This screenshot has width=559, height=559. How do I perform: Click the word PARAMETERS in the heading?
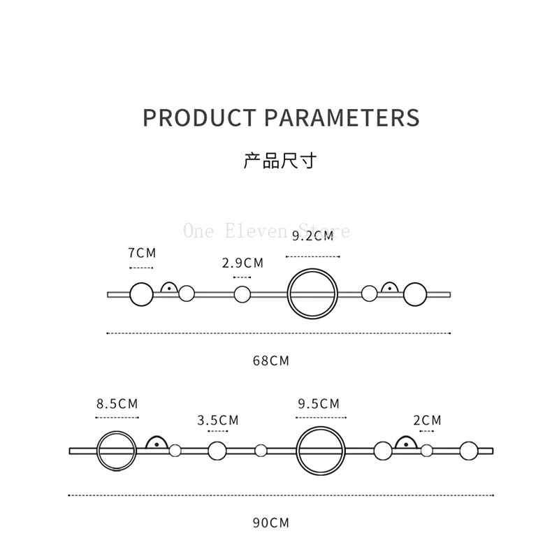point(342,117)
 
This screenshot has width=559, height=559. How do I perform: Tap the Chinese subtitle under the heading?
point(279,161)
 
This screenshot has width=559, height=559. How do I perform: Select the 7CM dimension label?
point(141,253)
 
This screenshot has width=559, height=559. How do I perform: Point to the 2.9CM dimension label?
point(242,263)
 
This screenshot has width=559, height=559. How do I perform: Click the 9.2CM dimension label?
point(312,236)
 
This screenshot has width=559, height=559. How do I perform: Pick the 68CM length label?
point(271,361)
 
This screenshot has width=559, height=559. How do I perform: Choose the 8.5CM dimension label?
point(117,403)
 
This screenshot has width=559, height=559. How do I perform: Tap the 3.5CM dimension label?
point(218,420)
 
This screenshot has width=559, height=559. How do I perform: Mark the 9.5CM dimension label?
point(319,403)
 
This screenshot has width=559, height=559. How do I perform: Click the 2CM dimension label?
point(427,420)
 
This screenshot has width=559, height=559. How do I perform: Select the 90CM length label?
point(271,523)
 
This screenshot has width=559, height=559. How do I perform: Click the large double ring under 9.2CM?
point(313,294)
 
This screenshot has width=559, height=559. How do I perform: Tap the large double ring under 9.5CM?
point(321,451)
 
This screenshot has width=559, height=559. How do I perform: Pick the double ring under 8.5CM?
point(116,451)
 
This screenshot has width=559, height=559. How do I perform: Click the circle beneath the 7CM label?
point(141,294)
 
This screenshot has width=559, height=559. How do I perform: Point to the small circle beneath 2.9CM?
point(242,294)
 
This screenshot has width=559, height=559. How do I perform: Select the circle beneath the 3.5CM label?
point(217,451)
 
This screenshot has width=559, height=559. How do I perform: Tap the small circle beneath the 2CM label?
point(427,451)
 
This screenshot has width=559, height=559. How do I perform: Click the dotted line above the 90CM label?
point(279,495)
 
